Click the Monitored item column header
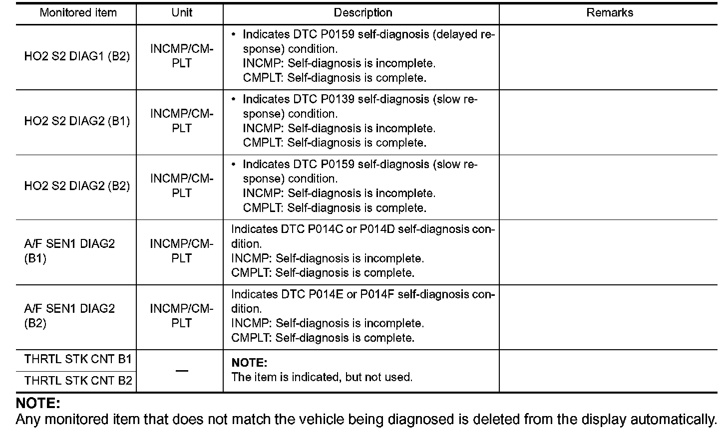point(78,13)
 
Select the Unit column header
point(181,13)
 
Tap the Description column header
point(363,13)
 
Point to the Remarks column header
point(609,13)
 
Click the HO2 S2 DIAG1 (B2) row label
point(77,56)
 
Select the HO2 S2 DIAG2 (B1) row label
point(77,121)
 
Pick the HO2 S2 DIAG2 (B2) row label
point(77,186)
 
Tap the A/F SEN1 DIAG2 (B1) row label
point(69,251)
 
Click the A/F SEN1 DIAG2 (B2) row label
point(69,316)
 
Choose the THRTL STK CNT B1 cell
point(78,359)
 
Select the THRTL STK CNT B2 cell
point(78,381)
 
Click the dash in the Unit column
point(182,371)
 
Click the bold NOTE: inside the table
point(249,363)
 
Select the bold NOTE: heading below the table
point(38,403)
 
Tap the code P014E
point(325,294)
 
